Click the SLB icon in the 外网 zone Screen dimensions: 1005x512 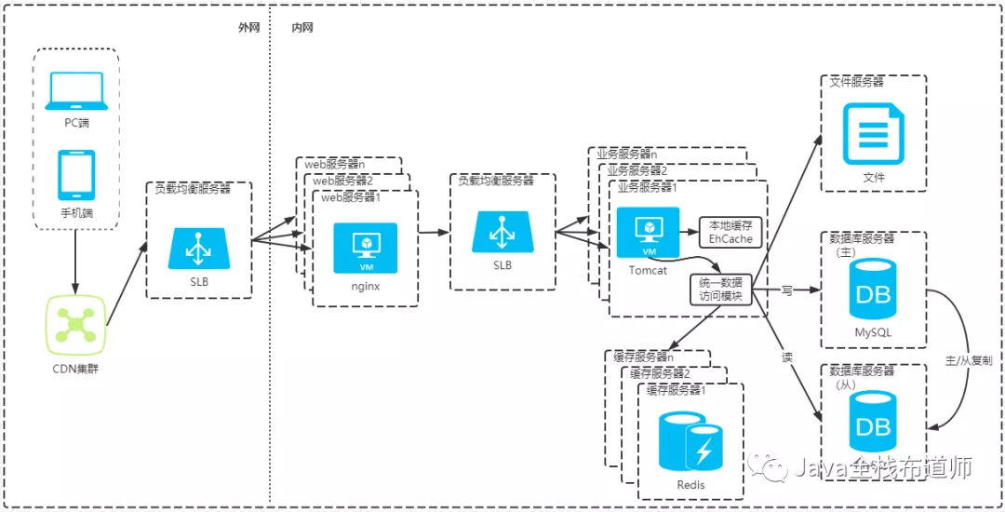pos(199,249)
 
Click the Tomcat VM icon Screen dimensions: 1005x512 pos(648,232)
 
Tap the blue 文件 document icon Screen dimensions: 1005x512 pos(873,136)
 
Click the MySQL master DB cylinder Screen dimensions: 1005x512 pos(873,289)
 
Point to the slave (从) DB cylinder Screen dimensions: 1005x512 pos(873,421)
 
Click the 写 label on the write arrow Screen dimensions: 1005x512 pos(787,290)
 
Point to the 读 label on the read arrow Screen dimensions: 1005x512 pos(787,357)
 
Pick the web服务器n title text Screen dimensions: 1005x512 pos(335,164)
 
